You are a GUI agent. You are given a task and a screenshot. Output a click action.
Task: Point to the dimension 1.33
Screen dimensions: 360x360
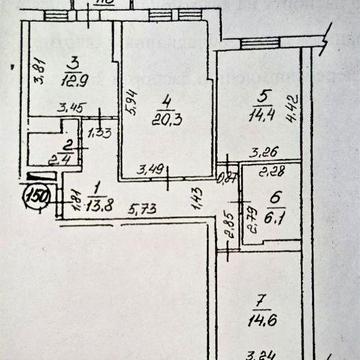(x=99, y=131)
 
